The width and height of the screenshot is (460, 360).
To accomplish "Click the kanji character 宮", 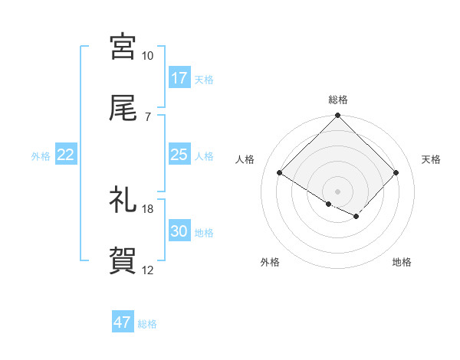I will (x=123, y=47).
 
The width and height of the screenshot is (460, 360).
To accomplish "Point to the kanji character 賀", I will (x=123, y=261).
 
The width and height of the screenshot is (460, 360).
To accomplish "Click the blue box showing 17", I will (x=179, y=77).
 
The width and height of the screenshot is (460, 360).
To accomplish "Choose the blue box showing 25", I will (x=179, y=155).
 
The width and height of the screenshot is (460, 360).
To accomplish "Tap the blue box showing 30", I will (x=179, y=231).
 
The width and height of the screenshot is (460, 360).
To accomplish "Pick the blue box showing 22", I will (x=66, y=155).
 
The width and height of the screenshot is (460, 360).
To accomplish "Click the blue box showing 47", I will (x=123, y=322).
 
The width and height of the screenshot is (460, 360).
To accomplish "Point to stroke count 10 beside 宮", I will (x=147, y=56).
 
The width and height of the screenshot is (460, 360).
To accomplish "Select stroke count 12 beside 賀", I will (x=147, y=270).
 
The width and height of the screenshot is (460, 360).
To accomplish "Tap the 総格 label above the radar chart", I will (x=338, y=100).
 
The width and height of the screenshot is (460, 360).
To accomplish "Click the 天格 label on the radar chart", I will (x=432, y=159).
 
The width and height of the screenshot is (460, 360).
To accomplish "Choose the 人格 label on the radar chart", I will (x=245, y=159).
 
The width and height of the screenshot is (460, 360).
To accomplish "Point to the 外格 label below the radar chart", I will (x=270, y=262).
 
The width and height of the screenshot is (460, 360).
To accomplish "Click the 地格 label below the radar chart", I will (x=402, y=262).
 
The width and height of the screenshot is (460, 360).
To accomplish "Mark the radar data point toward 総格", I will (x=338, y=116).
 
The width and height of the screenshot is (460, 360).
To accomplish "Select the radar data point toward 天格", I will (x=396, y=173).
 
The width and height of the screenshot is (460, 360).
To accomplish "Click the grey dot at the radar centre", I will (x=338, y=191).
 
